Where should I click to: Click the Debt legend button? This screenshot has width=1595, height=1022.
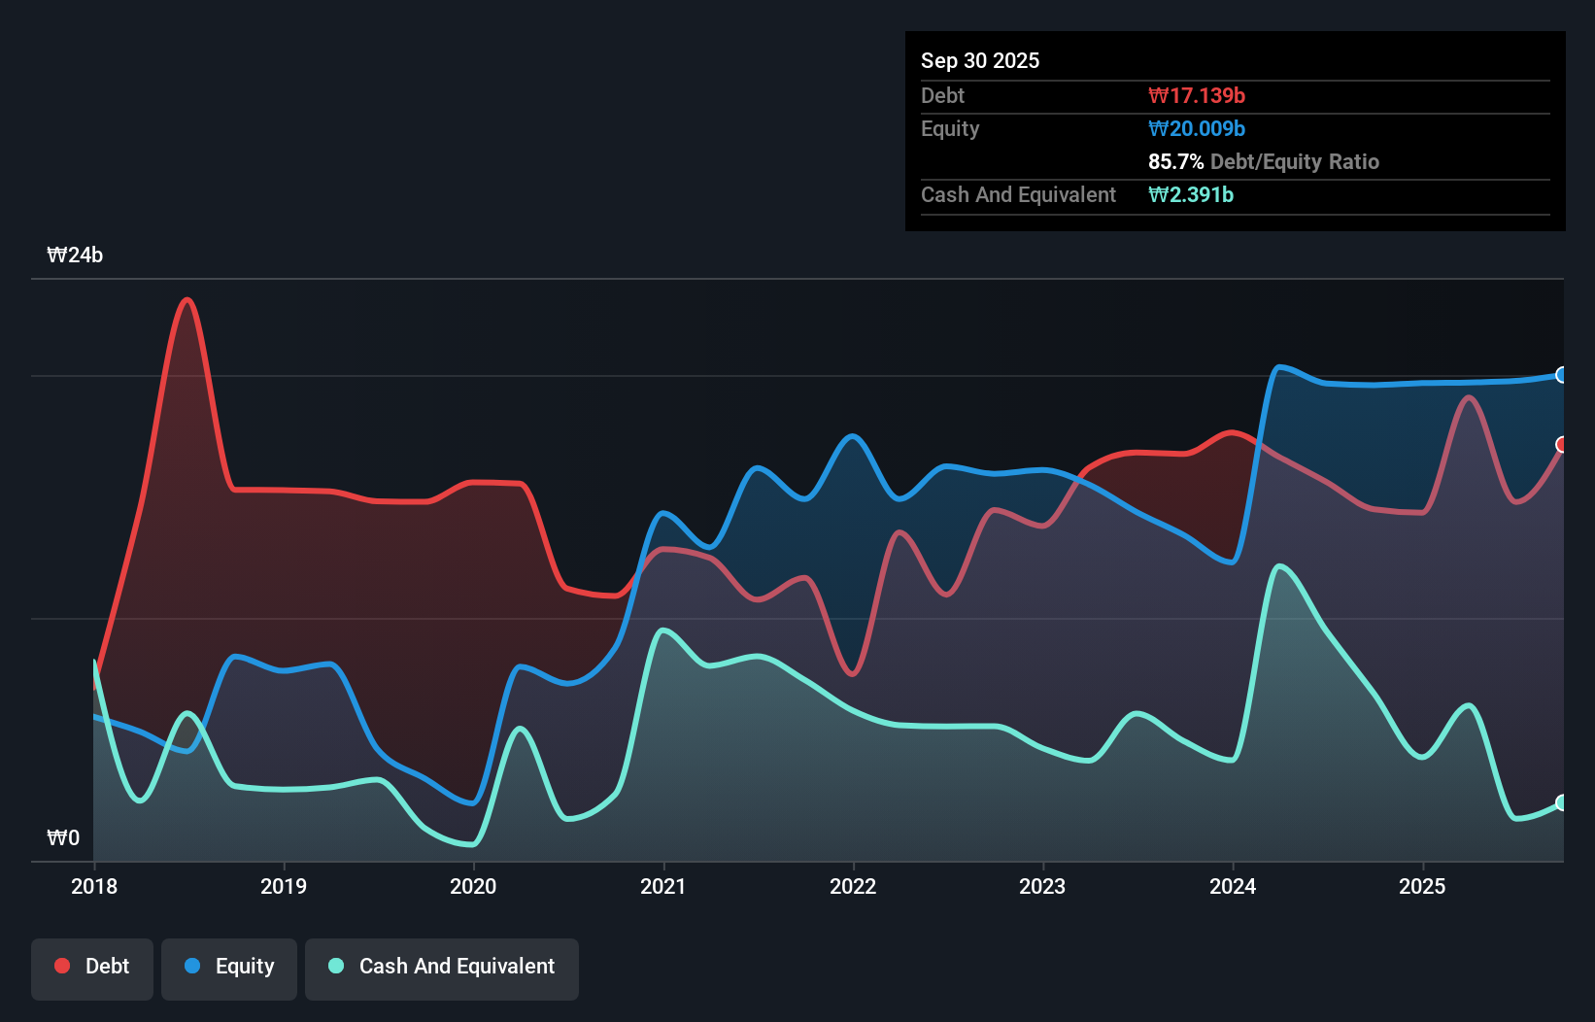pyautogui.click(x=92, y=967)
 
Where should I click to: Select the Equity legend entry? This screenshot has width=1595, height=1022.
pyautogui.click(x=229, y=967)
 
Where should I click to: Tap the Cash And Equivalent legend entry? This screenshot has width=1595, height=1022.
pyautogui.click(x=442, y=967)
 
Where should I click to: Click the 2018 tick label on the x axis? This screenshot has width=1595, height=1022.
pyautogui.click(x=94, y=886)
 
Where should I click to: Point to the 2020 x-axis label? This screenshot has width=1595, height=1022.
pyautogui.click(x=473, y=886)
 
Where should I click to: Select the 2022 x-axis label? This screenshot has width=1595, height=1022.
pyautogui.click(x=853, y=886)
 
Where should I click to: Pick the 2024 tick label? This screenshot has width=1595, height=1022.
pyautogui.click(x=1233, y=886)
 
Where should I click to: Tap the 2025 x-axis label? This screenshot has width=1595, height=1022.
pyautogui.click(x=1422, y=886)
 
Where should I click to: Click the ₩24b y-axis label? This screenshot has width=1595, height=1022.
pyautogui.click(x=75, y=255)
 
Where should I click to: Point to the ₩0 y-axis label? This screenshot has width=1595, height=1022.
pyautogui.click(x=63, y=837)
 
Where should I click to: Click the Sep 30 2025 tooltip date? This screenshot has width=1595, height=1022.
pyautogui.click(x=980, y=60)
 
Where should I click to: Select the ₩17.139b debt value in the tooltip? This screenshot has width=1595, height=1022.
pyautogui.click(x=1197, y=95)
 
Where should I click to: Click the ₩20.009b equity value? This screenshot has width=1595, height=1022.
pyautogui.click(x=1197, y=128)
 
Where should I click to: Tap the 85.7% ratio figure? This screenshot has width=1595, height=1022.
pyautogui.click(x=1175, y=161)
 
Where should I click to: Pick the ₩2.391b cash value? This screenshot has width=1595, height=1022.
pyautogui.click(x=1191, y=194)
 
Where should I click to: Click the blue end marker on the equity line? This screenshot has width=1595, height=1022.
pyautogui.click(x=1562, y=375)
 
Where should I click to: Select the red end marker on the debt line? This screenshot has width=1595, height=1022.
pyautogui.click(x=1562, y=445)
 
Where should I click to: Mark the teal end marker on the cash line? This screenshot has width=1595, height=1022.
pyautogui.click(x=1562, y=802)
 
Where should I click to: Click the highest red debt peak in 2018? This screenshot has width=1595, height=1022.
pyautogui.click(x=187, y=299)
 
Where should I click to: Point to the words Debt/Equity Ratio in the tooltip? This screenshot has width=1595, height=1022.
pyautogui.click(x=1294, y=161)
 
